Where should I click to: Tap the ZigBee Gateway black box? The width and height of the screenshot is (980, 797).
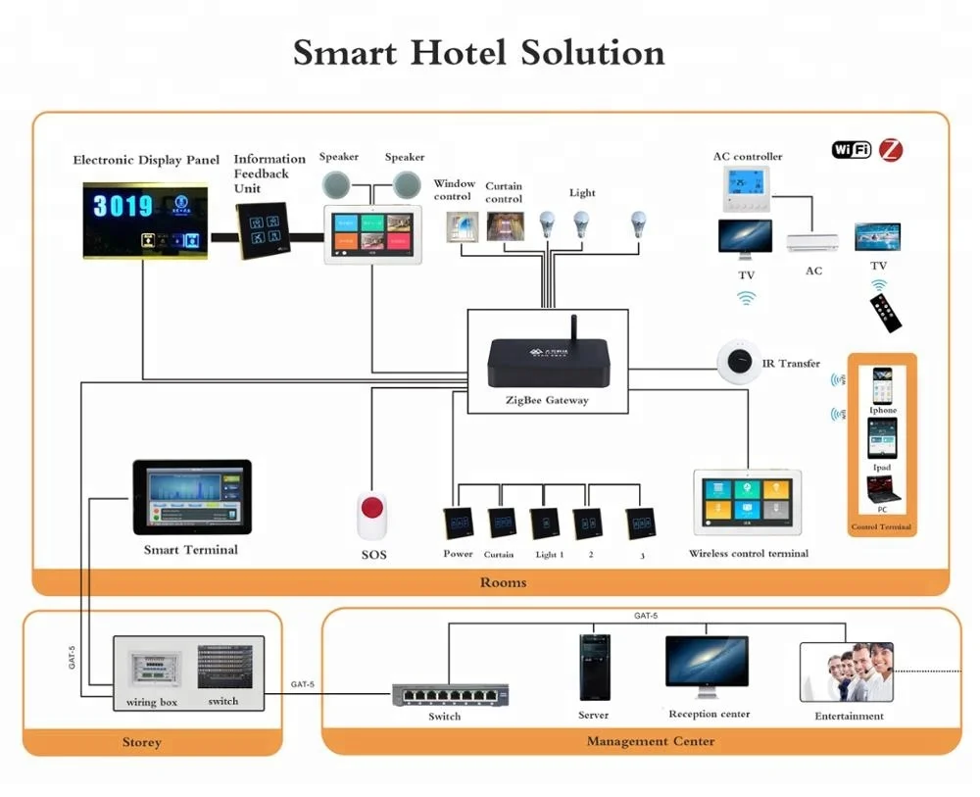point(547,364)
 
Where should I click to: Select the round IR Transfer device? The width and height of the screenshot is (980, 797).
point(738,363)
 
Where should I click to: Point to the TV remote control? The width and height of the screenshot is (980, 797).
point(888,312)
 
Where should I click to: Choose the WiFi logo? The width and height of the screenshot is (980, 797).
point(852,150)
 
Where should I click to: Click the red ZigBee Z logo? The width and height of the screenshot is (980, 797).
point(890,150)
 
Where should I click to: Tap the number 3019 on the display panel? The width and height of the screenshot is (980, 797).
point(122,206)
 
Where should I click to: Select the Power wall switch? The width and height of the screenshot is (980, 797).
point(458,523)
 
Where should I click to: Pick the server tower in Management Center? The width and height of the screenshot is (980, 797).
point(594,667)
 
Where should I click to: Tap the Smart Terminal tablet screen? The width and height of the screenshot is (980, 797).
point(192,496)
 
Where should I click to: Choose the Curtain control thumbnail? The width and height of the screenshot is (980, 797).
point(506,225)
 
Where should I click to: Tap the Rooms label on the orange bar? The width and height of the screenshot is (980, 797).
point(503,582)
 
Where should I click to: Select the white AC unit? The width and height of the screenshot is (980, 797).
point(812,241)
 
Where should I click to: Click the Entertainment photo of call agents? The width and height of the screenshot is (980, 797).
point(849,671)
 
